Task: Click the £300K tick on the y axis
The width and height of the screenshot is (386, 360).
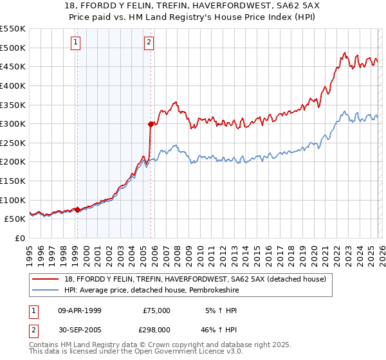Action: [x=13, y=123]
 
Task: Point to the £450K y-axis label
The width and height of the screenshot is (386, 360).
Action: [x=13, y=66]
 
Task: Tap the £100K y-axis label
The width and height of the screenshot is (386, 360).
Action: [x=13, y=200]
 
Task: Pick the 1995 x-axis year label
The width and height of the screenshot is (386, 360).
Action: [x=30, y=251]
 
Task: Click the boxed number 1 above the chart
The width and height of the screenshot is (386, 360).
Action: [x=76, y=43]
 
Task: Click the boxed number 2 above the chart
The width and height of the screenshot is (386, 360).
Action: [x=149, y=43]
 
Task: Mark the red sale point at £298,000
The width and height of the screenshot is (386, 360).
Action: [x=151, y=124]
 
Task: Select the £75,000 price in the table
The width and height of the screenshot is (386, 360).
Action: [x=156, y=310]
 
